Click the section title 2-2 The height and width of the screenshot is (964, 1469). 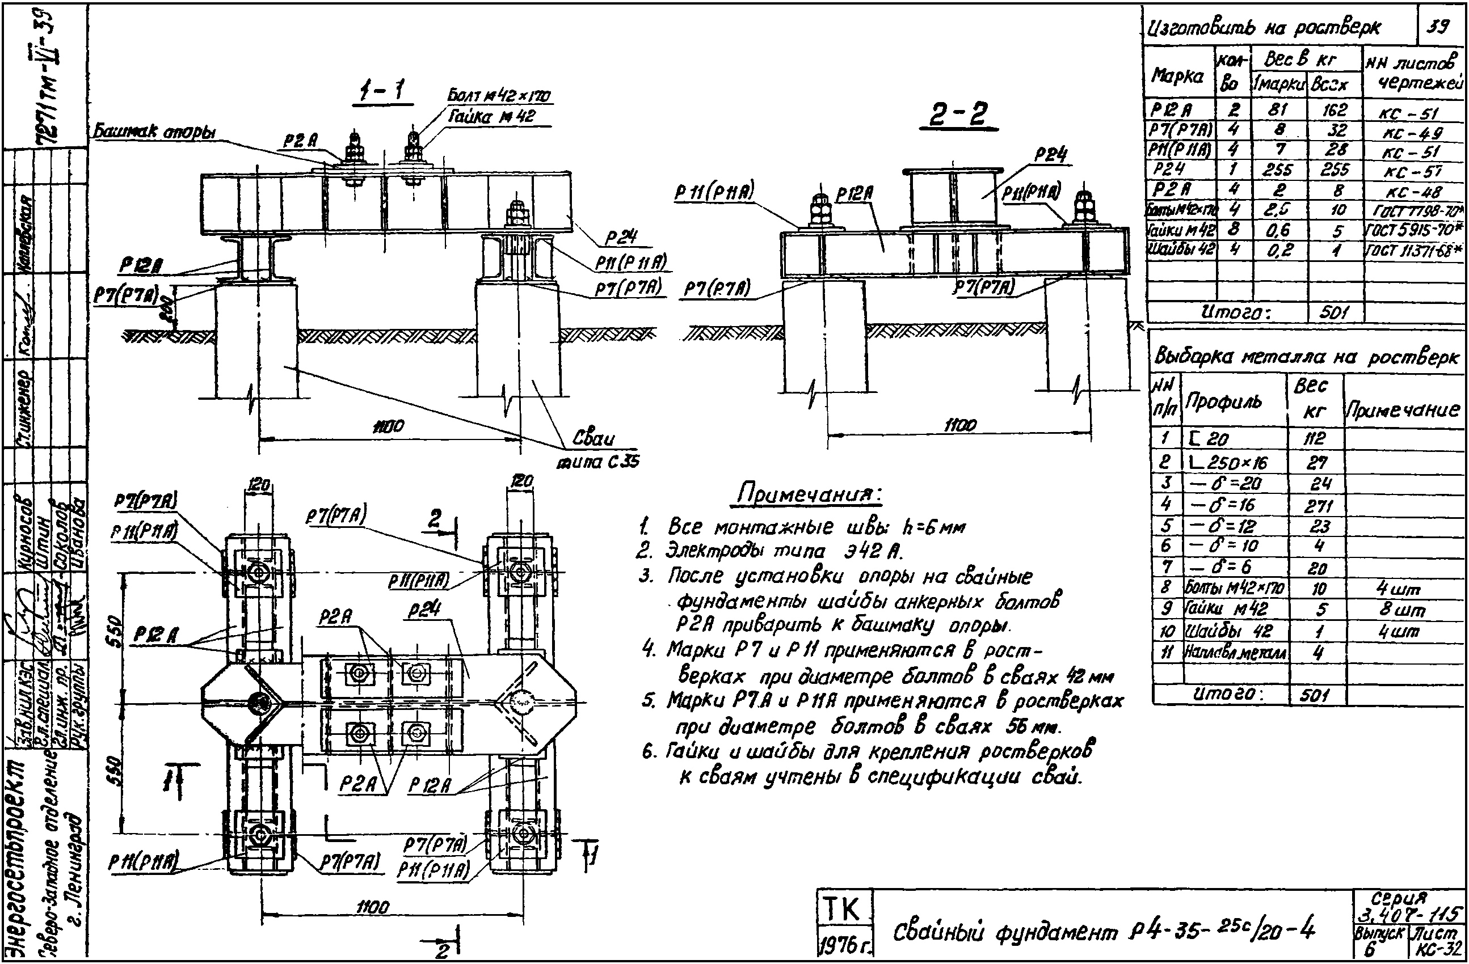coord(958,115)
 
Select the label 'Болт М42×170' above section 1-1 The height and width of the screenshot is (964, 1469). coord(499,96)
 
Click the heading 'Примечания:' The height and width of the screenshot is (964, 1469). coord(809,494)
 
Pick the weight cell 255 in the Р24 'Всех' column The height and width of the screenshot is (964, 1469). coord(1335,170)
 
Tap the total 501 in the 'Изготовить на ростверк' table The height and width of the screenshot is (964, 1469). coord(1335,312)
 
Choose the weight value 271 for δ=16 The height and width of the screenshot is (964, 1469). coord(1317,506)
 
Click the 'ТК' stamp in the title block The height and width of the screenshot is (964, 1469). coord(843,908)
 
